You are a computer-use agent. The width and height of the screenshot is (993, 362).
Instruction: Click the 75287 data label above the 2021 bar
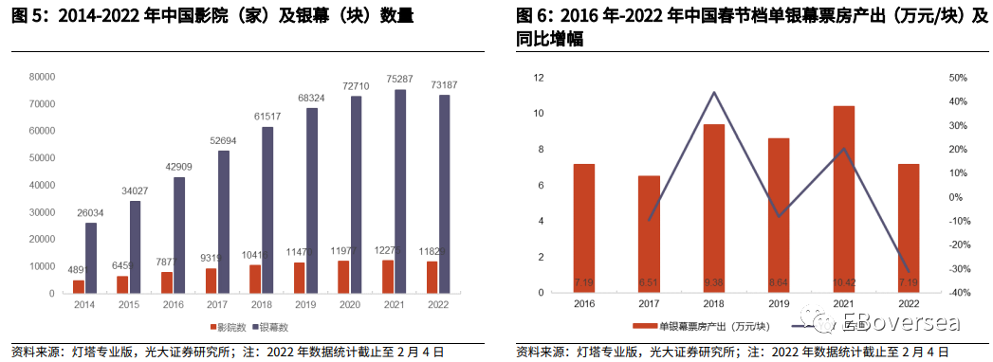[400, 80]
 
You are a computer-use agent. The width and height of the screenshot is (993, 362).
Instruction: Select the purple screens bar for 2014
[91, 257]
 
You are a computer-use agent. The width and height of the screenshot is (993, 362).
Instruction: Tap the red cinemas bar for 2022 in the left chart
[432, 276]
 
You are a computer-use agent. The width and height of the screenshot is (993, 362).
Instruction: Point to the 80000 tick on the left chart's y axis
[43, 77]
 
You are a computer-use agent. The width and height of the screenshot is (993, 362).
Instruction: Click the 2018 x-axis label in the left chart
[261, 305]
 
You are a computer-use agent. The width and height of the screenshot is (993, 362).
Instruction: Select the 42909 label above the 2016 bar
[179, 168]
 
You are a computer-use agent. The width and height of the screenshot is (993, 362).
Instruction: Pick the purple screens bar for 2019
[312, 200]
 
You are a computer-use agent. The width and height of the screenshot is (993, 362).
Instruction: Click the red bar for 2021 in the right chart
[843, 199]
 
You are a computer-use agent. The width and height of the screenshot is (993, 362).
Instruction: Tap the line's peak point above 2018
[714, 92]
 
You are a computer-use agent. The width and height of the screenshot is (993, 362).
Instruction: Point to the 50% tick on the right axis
[957, 78]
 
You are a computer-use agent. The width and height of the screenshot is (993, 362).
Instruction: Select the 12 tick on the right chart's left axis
[538, 78]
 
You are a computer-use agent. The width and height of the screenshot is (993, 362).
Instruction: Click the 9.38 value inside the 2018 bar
[714, 282]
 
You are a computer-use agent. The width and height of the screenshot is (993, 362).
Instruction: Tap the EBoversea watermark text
[906, 323]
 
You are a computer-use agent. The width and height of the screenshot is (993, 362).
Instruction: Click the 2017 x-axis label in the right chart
[649, 305]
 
